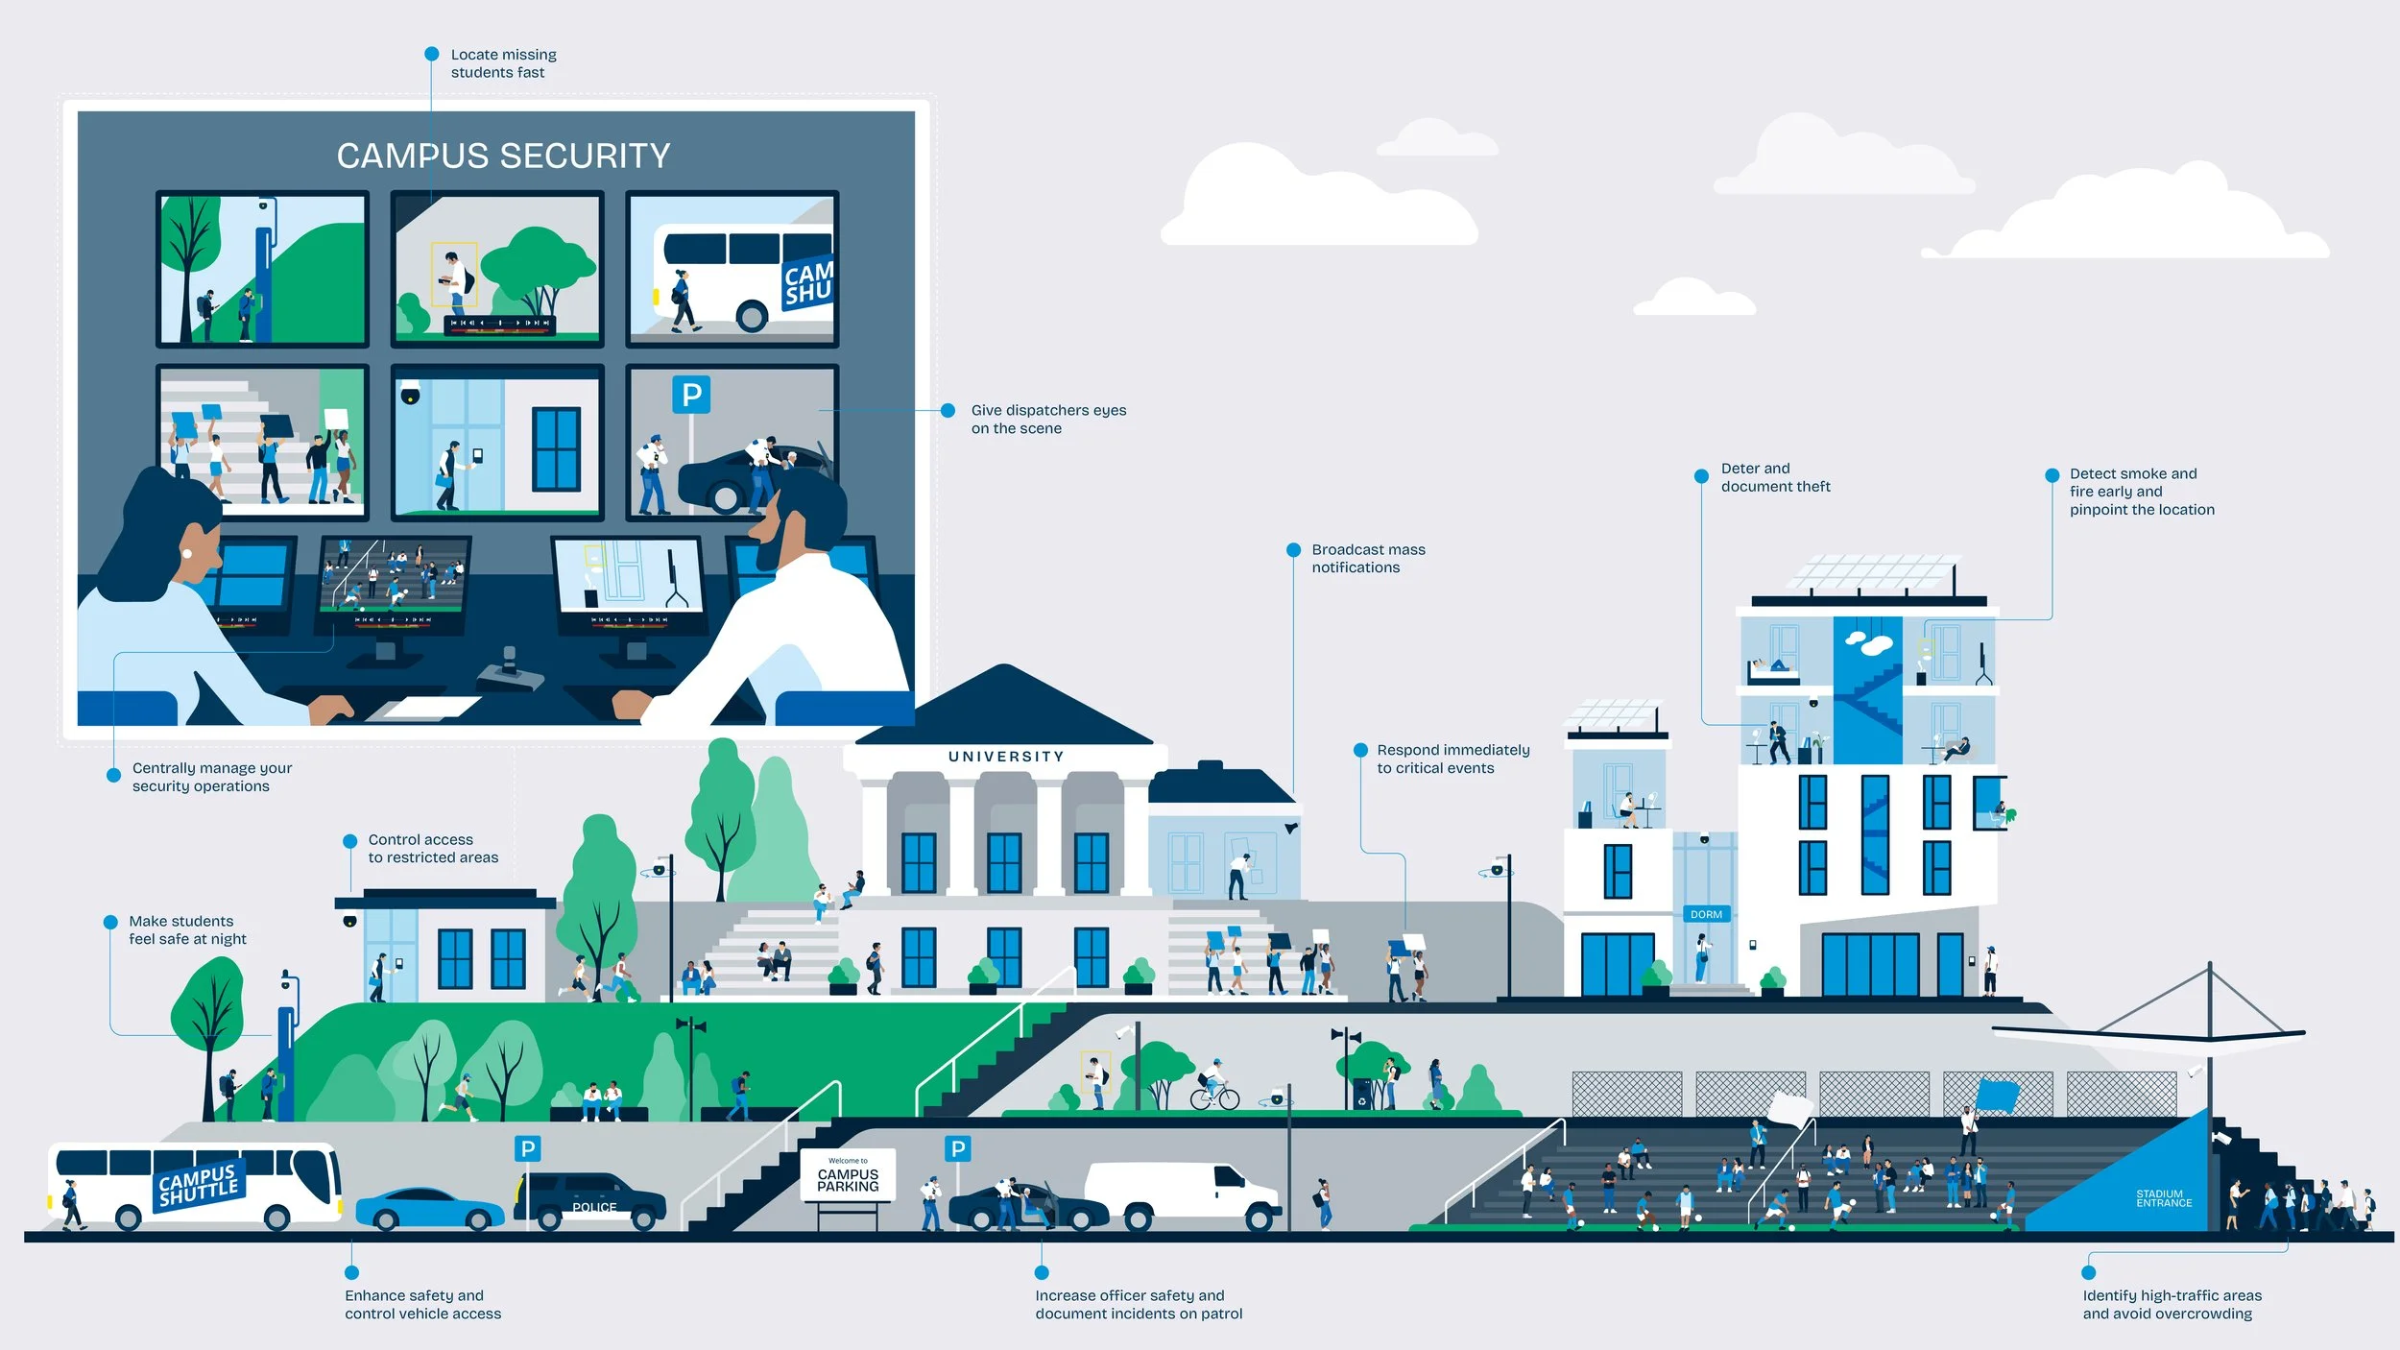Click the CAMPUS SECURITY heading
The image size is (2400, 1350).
503,156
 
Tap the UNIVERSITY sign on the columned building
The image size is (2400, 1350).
1005,757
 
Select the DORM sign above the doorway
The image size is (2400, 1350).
1706,914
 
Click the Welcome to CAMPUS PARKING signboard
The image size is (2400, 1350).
848,1175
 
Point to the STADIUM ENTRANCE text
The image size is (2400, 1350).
2164,1198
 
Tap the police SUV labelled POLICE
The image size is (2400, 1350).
589,1200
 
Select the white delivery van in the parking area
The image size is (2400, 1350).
1183,1194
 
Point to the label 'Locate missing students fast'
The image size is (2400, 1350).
503,63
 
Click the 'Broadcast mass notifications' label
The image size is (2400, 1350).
1367,558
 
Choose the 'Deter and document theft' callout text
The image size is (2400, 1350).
1774,477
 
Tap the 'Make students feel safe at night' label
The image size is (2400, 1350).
187,929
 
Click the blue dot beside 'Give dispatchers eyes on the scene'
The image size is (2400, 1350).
948,411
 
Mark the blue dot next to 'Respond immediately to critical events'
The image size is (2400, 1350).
1360,750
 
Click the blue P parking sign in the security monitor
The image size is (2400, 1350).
691,394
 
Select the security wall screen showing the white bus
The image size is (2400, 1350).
732,269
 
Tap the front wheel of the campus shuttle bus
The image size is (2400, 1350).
277,1217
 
